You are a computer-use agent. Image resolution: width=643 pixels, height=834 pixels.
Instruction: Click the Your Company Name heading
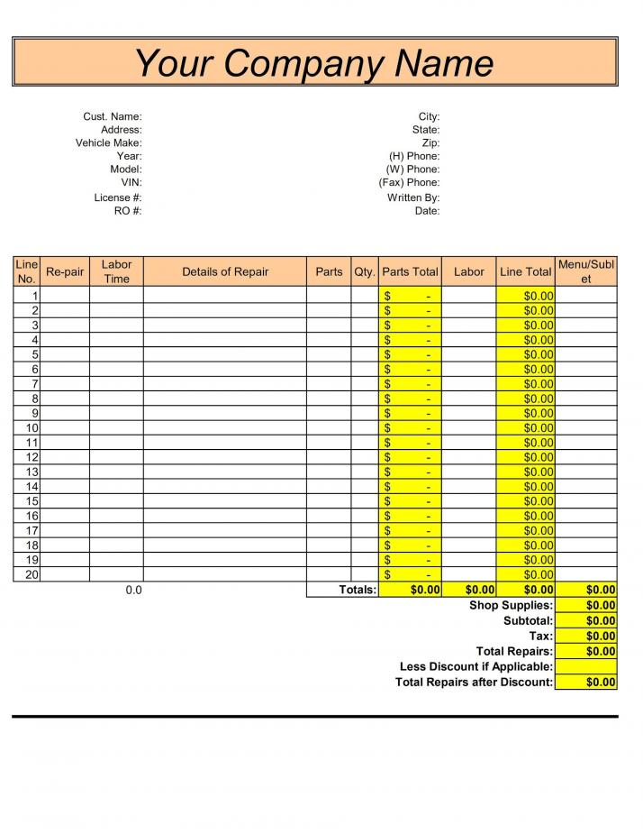pos(314,62)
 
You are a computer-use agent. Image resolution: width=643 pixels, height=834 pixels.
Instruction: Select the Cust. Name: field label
pos(113,116)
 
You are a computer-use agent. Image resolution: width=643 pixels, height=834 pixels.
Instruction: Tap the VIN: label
pos(131,182)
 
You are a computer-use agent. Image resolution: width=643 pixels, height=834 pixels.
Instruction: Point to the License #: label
pos(118,197)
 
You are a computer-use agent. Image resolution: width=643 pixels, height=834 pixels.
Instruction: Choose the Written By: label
pos(413,197)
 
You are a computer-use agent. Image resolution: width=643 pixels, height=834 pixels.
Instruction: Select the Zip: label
pos(430,142)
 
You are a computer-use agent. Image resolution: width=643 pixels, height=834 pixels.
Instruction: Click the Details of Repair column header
pos(225,271)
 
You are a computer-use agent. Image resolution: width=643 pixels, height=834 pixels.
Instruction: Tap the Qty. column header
pos(365,271)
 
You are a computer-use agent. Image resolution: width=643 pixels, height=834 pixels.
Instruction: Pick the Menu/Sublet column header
pos(586,271)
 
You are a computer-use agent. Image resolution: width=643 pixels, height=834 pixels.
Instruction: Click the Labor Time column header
pos(116,271)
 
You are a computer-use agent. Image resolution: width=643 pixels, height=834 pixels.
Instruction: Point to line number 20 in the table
pos(32,574)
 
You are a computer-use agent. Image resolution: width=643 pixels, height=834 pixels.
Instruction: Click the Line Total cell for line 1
pos(526,296)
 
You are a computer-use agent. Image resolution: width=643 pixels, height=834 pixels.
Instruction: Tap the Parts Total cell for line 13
pos(410,472)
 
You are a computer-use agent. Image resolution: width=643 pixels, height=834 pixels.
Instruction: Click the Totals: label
pos(358,590)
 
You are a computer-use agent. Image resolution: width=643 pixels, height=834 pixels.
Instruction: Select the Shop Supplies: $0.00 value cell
pos(586,605)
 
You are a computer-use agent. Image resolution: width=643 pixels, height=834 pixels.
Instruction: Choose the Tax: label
pos(541,636)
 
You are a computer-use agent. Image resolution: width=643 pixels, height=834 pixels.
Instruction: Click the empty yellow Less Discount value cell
pos(586,666)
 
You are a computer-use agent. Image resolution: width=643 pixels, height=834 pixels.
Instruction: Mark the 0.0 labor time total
pos(133,590)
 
